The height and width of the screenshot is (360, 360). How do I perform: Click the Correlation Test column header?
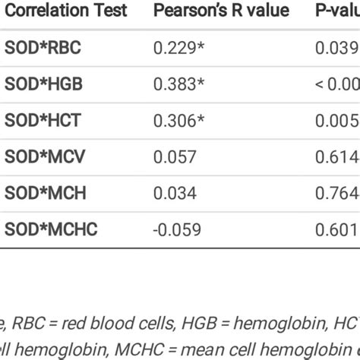66,11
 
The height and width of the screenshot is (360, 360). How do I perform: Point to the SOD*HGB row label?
43,84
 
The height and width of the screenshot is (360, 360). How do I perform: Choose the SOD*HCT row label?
43,120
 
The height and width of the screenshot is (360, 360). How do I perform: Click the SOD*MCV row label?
45,156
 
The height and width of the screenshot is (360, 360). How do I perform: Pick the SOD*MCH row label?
45,193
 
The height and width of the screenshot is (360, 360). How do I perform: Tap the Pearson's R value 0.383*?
178,84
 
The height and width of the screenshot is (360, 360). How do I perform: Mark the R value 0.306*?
178,120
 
